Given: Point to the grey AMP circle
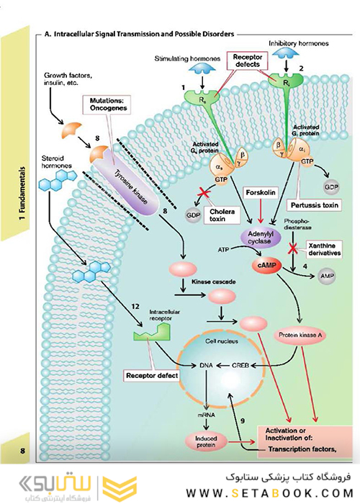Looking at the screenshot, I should click(x=328, y=276).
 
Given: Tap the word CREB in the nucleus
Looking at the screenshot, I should click(x=240, y=366).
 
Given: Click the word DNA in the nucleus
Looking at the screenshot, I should click(x=207, y=366).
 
